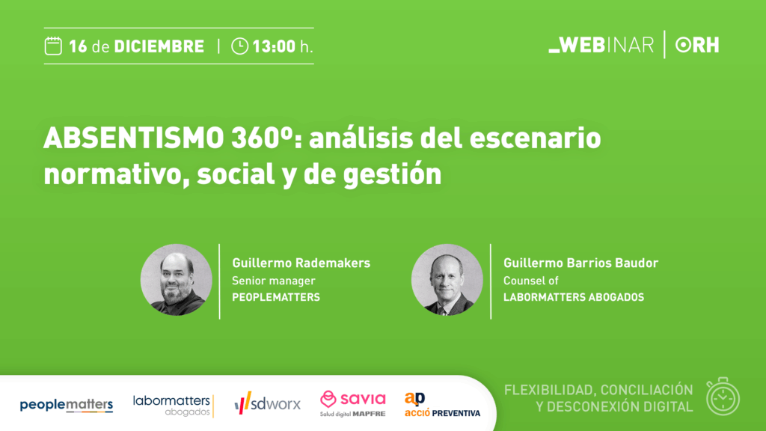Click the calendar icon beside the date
[53, 46]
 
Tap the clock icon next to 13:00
[239, 46]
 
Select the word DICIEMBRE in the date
[159, 46]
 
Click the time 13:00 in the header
[274, 46]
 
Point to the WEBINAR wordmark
[601, 45]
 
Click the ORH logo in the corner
[697, 45]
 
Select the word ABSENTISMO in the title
[134, 138]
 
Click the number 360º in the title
[263, 138]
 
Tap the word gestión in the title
[392, 175]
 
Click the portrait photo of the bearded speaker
[177, 280]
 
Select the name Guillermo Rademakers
[301, 263]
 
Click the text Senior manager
[274, 281]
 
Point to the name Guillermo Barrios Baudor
[580, 263]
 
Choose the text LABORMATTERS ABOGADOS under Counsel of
[574, 297]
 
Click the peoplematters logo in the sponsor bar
[67, 405]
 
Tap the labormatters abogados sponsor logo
[174, 406]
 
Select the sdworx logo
[267, 403]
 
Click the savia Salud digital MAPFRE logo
[353, 403]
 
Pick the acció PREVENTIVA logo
[442, 405]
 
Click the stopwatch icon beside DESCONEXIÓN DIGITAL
[723, 397]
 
